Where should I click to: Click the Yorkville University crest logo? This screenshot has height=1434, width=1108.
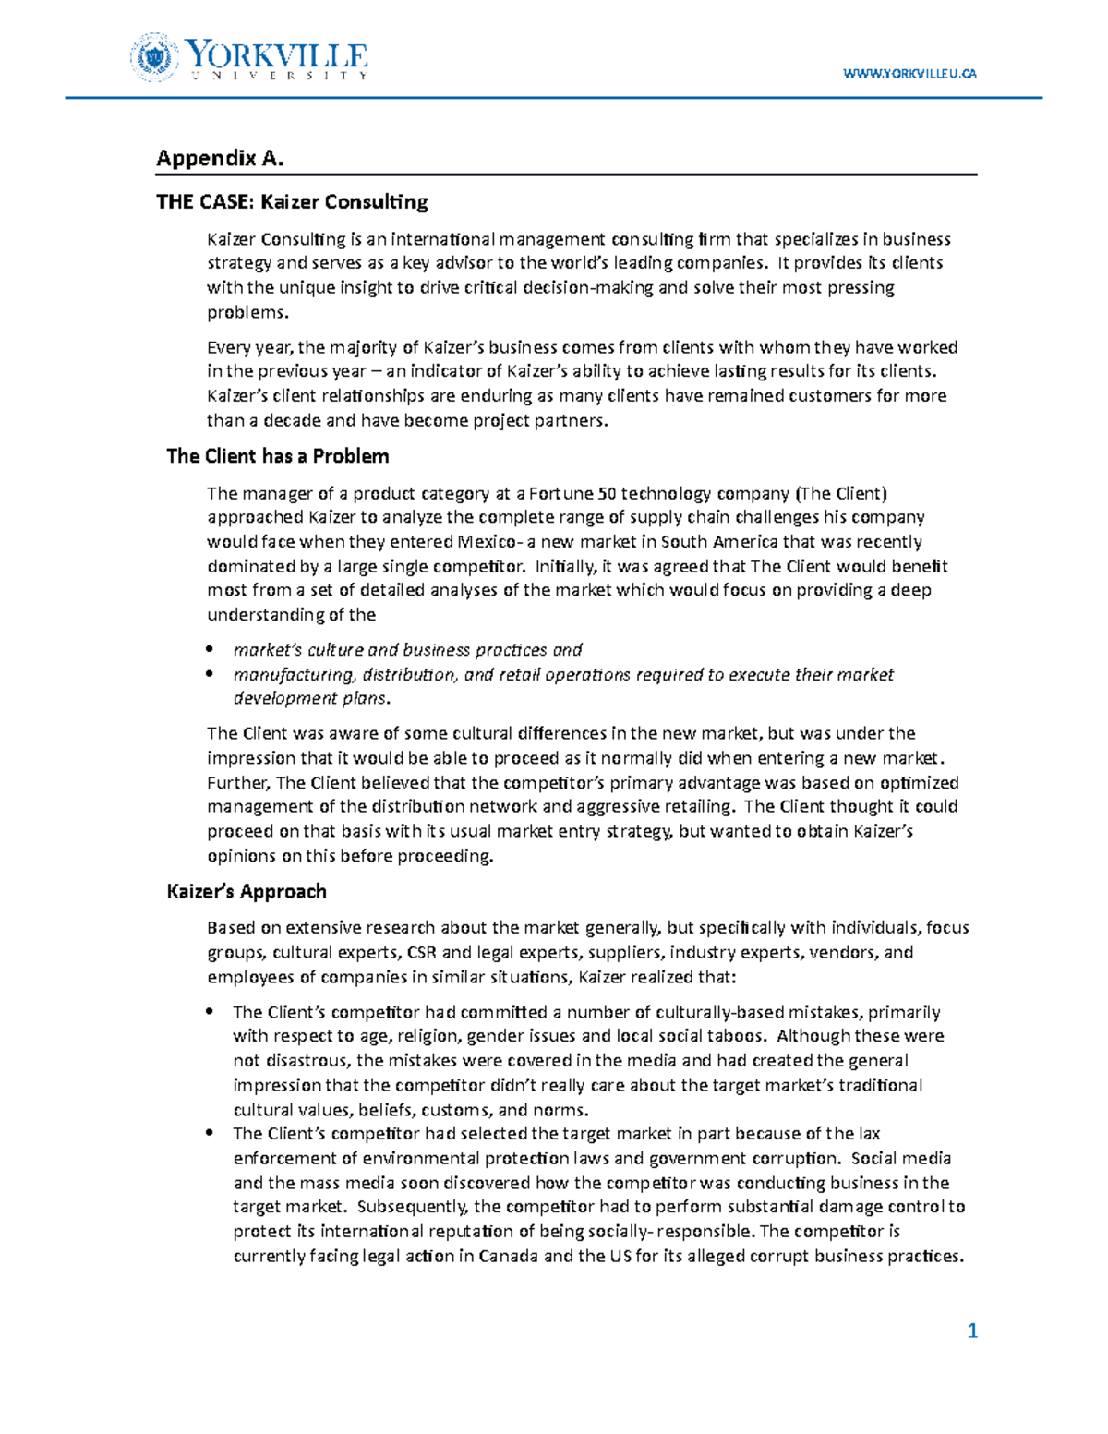click(x=152, y=57)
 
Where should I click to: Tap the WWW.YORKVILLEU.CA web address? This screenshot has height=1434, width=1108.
click(x=909, y=74)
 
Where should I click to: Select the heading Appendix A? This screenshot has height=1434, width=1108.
click(x=220, y=158)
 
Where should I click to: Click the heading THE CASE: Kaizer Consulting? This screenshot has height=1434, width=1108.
click(x=292, y=201)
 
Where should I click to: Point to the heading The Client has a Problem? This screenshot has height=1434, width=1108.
click(x=277, y=456)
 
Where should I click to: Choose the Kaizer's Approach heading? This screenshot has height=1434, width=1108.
click(x=247, y=891)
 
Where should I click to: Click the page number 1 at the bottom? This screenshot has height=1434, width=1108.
click(x=971, y=1331)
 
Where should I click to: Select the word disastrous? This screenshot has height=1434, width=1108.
click(x=305, y=1061)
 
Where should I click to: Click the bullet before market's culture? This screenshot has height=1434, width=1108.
click(x=212, y=650)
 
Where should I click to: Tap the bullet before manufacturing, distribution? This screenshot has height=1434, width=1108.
click(x=212, y=675)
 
